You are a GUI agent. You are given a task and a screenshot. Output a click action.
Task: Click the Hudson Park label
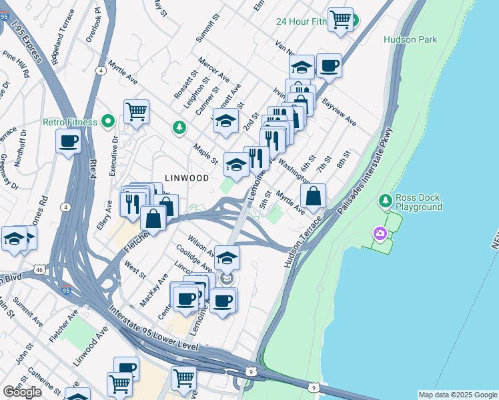click(x=410, y=39)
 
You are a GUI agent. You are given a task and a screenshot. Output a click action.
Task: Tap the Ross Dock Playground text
click(x=418, y=202)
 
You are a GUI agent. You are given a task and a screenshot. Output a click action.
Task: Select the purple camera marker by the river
click(x=380, y=233)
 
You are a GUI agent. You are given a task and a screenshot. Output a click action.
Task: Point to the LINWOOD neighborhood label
click(x=187, y=178)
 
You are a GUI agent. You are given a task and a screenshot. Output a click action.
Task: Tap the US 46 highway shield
click(x=39, y=269)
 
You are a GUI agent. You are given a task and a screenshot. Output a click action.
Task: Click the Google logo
click(x=23, y=391)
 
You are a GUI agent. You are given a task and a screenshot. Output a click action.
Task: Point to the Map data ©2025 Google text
click(x=457, y=395)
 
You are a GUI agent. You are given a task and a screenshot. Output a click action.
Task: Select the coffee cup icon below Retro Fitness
click(x=69, y=141)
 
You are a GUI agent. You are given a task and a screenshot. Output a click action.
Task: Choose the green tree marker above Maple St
click(x=179, y=127)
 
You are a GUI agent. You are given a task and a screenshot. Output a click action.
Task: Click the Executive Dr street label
click(x=113, y=155)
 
